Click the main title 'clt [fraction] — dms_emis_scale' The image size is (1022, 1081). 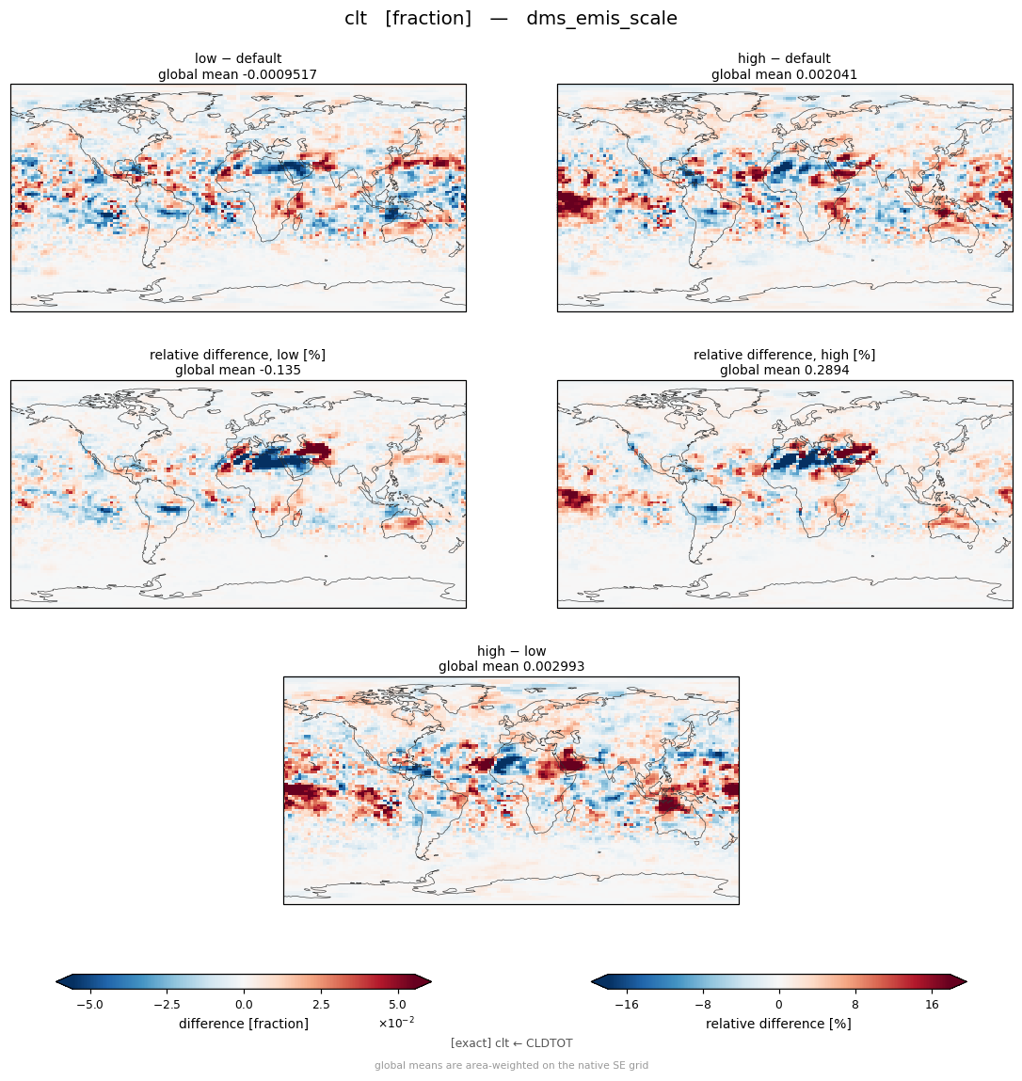click(x=511, y=18)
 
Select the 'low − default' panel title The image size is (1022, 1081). click(x=238, y=58)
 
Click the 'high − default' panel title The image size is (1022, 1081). click(x=784, y=58)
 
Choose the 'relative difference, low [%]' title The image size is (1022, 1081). click(x=237, y=355)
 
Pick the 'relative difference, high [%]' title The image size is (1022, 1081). click(x=784, y=355)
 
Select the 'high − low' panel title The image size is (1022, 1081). click(x=511, y=651)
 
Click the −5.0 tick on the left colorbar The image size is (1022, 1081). click(x=89, y=1005)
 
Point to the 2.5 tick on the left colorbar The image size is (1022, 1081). click(x=321, y=1005)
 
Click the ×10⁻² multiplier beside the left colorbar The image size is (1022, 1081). click(x=396, y=1022)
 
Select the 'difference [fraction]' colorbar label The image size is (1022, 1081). click(x=244, y=1024)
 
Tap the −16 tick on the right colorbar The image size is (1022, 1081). click(x=626, y=1005)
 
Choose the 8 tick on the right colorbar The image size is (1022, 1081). click(x=855, y=1005)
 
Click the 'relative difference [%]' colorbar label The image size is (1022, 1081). click(x=778, y=1024)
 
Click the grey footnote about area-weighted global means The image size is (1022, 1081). click(x=511, y=1065)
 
